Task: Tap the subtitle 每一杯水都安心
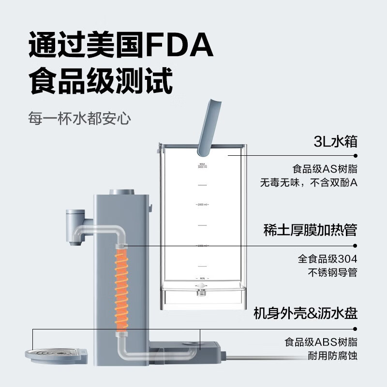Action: (x=79, y=119)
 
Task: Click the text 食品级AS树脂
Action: (x=325, y=169)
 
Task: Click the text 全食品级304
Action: (x=327, y=259)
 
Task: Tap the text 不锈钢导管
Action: (x=332, y=272)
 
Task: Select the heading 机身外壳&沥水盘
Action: (x=305, y=313)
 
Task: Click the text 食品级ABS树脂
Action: (x=320, y=342)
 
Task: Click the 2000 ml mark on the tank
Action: (x=202, y=205)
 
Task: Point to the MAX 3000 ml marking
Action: (x=202, y=166)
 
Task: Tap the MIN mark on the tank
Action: (x=202, y=279)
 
